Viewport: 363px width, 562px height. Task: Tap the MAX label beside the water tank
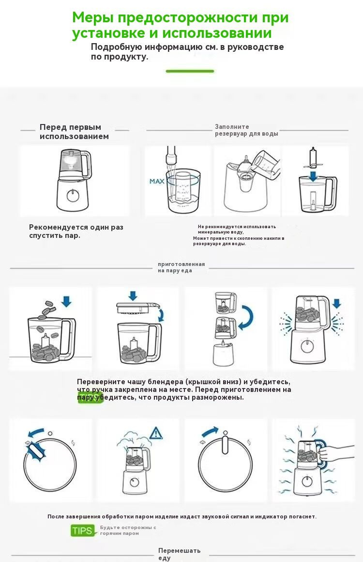pos(157,182)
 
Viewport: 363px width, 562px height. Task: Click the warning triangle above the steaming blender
pos(156,433)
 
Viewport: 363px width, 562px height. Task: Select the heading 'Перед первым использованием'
pos(74,132)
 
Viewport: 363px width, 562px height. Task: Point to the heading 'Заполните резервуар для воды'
pos(246,130)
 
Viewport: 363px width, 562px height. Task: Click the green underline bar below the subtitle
pos(190,71)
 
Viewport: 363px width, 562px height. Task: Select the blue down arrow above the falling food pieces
pos(66,301)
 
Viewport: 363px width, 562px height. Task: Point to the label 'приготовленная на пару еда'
pos(181,267)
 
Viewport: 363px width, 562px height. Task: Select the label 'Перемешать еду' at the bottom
pos(179,554)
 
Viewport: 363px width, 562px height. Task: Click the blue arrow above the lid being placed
pos(133,296)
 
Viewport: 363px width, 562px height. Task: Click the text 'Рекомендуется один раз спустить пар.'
pos(76,231)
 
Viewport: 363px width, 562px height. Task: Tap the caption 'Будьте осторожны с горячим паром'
pos(128,530)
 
